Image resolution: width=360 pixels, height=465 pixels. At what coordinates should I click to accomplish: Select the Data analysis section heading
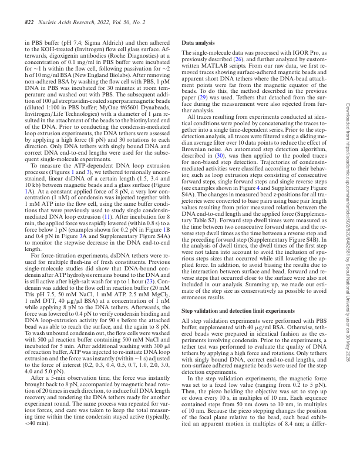click(198, 44)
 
